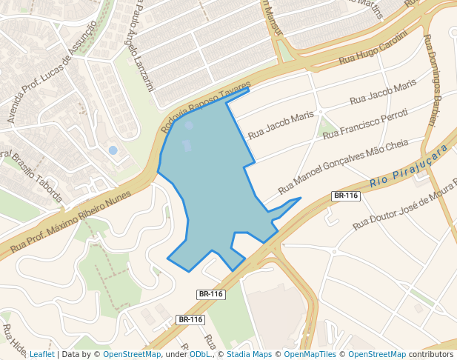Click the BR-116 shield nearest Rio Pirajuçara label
point(346,196)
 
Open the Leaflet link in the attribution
point(42,354)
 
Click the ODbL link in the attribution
point(200,354)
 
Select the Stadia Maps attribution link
point(249,354)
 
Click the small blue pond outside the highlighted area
point(113,150)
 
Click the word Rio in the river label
point(378,181)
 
